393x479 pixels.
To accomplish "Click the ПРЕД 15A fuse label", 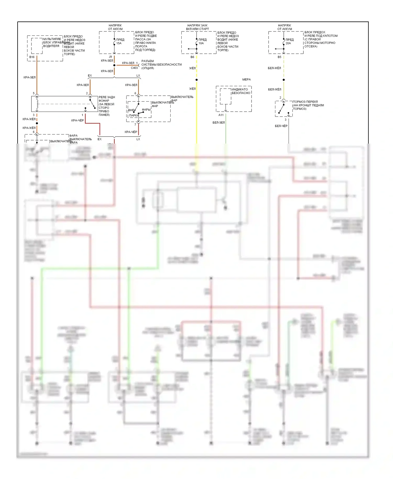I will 120,41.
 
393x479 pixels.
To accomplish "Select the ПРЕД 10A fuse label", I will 202,41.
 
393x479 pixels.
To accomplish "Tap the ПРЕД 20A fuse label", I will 289,41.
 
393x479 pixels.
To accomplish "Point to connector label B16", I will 32,57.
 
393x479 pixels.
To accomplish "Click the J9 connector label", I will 110,57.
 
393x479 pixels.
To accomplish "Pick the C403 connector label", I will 134,68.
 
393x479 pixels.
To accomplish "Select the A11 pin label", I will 221,115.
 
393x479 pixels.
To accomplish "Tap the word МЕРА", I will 246,79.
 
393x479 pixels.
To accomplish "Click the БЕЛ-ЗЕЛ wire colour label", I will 219,122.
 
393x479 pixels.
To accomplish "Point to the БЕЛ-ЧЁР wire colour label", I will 281,126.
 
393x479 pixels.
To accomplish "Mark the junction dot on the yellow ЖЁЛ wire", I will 196,80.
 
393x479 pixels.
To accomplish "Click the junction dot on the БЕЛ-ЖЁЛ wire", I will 283,80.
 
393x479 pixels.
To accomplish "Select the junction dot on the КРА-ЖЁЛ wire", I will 37,123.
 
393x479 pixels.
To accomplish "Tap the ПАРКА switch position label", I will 134,116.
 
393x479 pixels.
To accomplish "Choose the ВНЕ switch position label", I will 131,110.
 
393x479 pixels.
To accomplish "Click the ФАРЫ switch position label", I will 146,110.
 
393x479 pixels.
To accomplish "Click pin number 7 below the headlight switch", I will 135,125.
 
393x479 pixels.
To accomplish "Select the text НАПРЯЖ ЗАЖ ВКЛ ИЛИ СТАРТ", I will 197,27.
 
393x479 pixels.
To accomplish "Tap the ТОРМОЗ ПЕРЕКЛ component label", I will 305,102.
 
